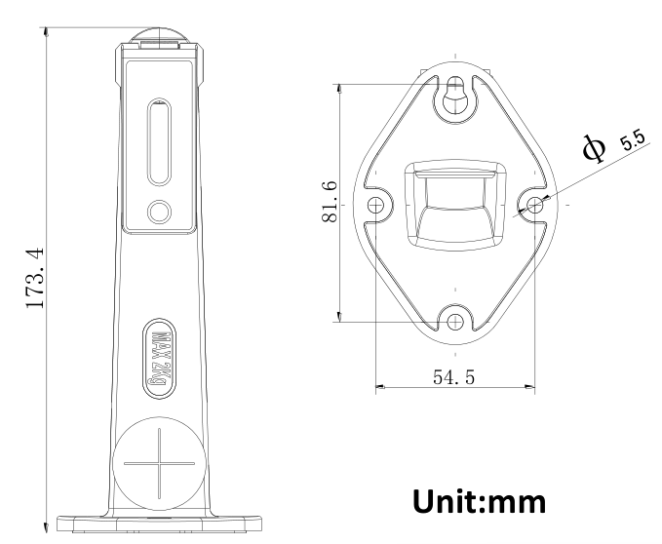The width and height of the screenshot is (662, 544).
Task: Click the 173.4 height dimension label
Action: click(x=35, y=279)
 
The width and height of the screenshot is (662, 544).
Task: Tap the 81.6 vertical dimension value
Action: click(x=330, y=202)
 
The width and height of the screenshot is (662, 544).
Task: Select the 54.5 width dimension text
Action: click(x=454, y=377)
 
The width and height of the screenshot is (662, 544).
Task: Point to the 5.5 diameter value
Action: click(x=633, y=140)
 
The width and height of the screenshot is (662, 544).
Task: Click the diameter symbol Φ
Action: click(x=594, y=148)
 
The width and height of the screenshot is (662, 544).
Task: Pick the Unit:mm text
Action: click(x=479, y=501)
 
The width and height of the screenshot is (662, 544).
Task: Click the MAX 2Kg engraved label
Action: click(x=159, y=359)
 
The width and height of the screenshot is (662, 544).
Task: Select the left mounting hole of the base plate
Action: click(x=375, y=206)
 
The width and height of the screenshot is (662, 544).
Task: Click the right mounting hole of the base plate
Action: click(x=535, y=205)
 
